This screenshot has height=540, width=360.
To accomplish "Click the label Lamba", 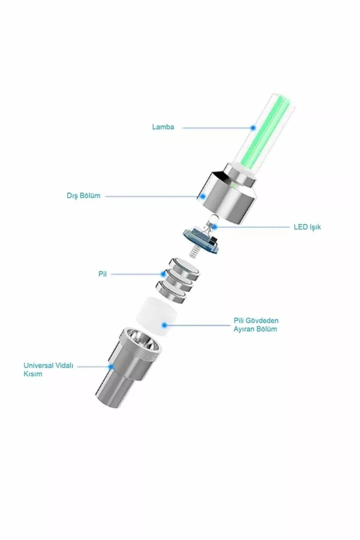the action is (163, 127).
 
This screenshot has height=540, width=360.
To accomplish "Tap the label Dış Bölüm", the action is (84, 196).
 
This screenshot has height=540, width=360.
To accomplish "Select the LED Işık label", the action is (307, 227).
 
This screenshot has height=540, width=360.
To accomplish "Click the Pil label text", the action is (102, 274).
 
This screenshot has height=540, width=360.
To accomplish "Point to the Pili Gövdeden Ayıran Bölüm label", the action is (256, 325).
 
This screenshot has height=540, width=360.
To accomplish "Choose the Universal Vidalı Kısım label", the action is (48, 370).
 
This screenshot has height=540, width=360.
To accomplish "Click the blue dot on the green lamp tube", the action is (253, 128).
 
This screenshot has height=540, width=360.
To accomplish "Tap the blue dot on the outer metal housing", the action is (203, 196).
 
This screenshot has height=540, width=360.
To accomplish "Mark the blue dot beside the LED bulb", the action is (214, 227).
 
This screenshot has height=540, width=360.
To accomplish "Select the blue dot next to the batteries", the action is (164, 274).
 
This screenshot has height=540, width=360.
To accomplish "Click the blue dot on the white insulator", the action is (164, 325).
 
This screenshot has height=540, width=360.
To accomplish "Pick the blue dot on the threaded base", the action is (111, 367).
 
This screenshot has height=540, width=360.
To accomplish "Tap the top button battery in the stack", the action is (184, 268).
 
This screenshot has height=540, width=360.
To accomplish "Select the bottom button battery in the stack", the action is (171, 292).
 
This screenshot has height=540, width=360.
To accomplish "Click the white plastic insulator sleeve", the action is (157, 316).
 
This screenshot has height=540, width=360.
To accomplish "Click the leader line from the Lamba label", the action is (217, 128).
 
